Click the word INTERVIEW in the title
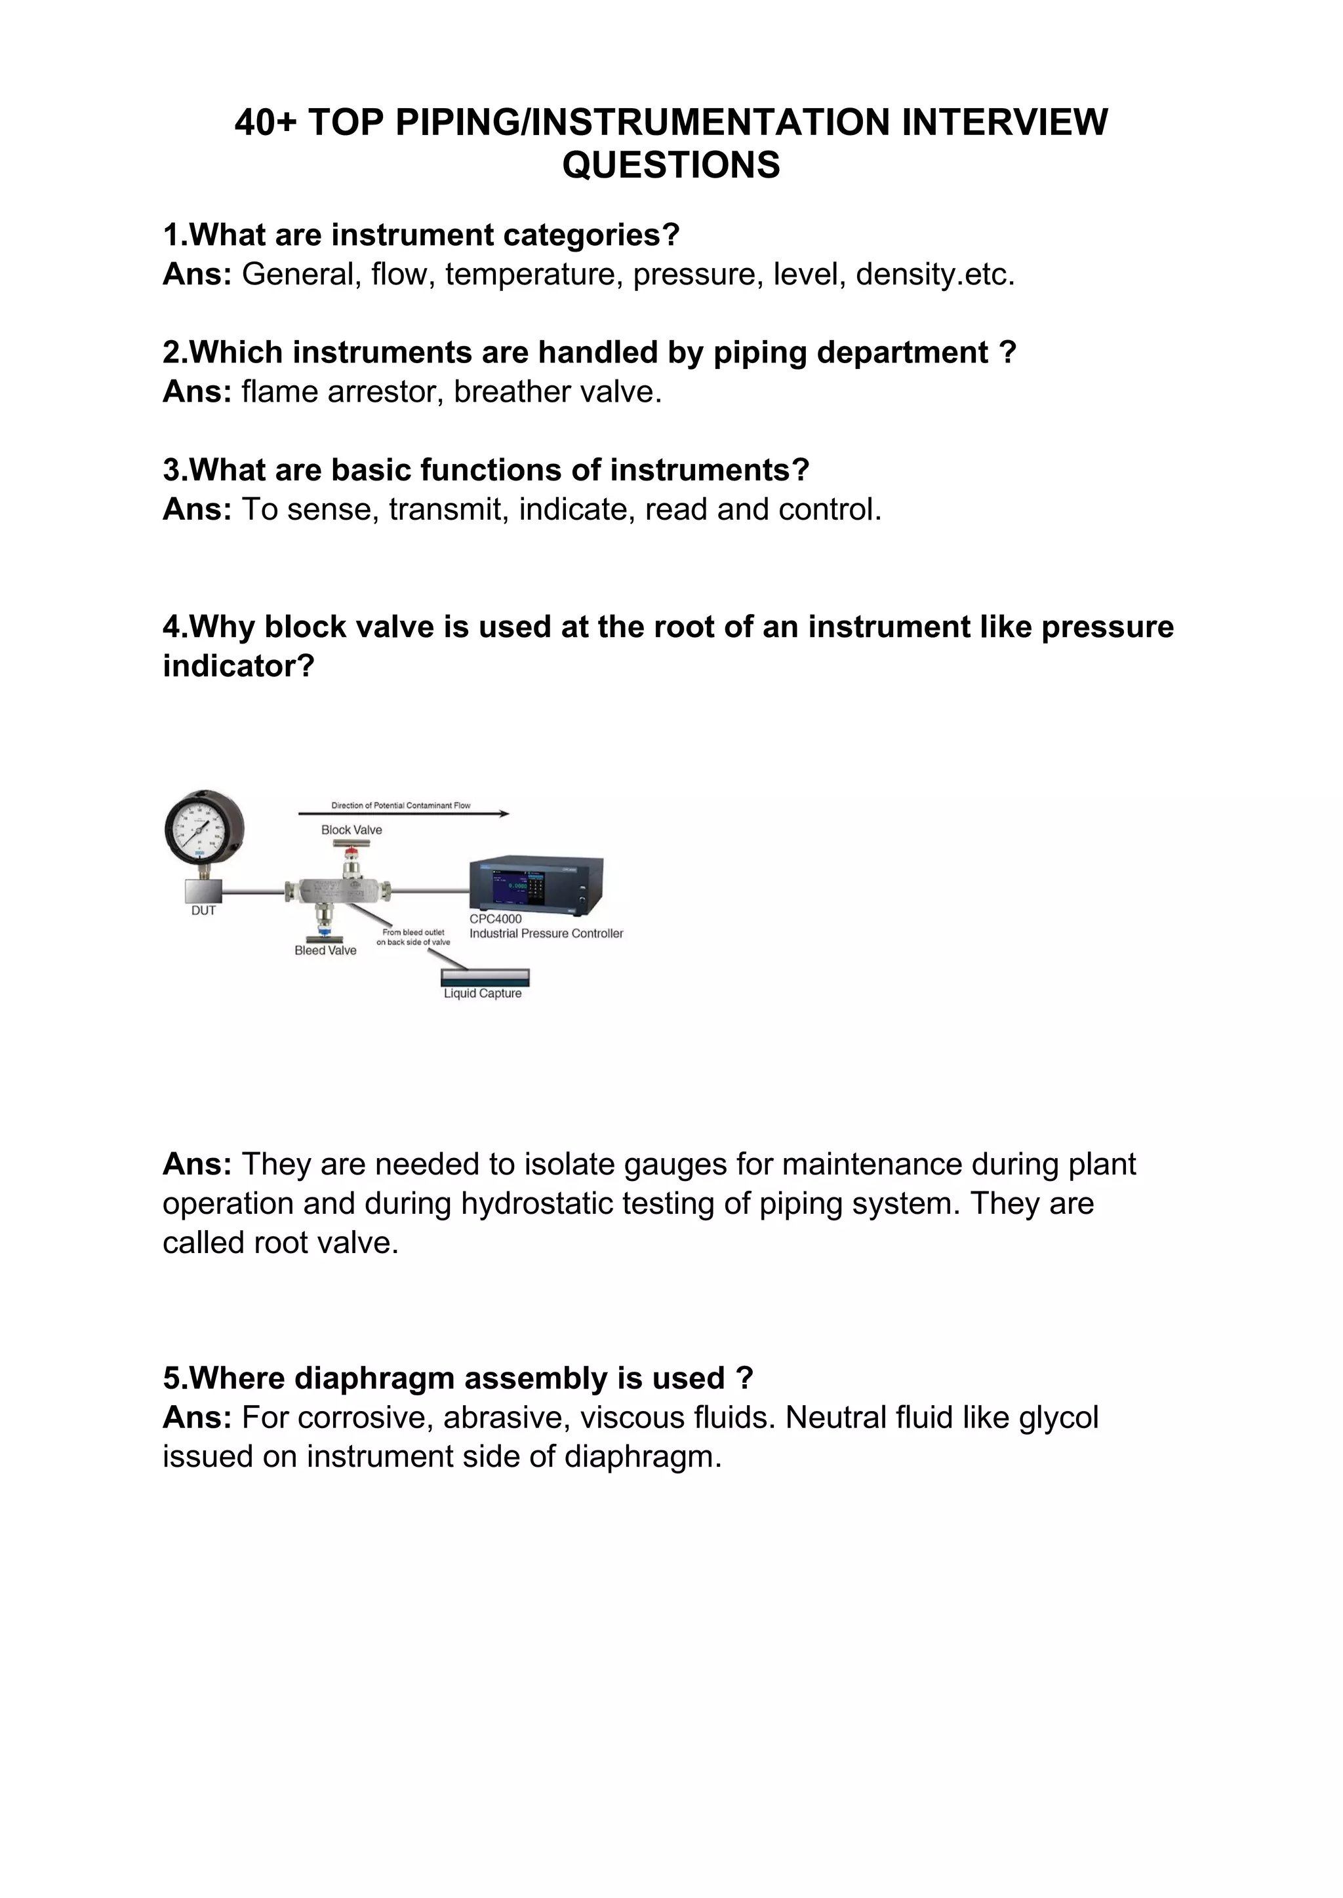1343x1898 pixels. click(x=1004, y=123)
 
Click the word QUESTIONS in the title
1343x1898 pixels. click(x=671, y=165)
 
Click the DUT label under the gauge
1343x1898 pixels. click(x=203, y=911)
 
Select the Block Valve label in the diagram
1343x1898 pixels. click(x=351, y=830)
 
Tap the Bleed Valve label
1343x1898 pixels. click(x=325, y=951)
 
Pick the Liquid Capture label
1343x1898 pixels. click(x=482, y=994)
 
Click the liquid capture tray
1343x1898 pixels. click(x=485, y=978)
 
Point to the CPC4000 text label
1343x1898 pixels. click(x=495, y=920)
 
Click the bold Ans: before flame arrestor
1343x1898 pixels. click(x=197, y=392)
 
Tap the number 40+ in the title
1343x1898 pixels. click(x=266, y=123)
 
